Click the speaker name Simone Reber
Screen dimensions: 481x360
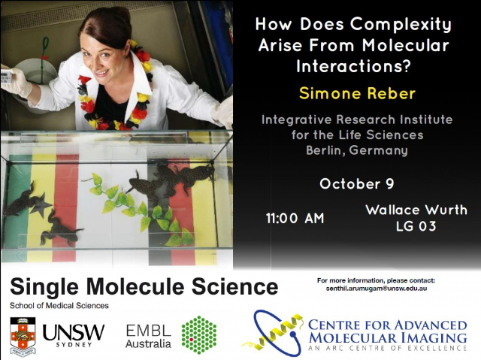point(357,93)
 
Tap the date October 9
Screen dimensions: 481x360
point(357,183)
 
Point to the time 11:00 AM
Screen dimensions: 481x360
point(295,219)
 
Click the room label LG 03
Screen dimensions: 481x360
point(416,226)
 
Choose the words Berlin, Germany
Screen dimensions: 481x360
point(357,150)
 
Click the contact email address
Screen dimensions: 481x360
point(377,289)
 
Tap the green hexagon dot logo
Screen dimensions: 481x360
point(198,335)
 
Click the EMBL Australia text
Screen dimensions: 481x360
point(149,336)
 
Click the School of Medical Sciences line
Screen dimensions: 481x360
point(59,306)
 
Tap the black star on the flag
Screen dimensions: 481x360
point(41,205)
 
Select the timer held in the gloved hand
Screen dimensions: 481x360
point(6,77)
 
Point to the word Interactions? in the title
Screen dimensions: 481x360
point(353,67)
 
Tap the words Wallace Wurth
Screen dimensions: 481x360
point(416,210)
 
